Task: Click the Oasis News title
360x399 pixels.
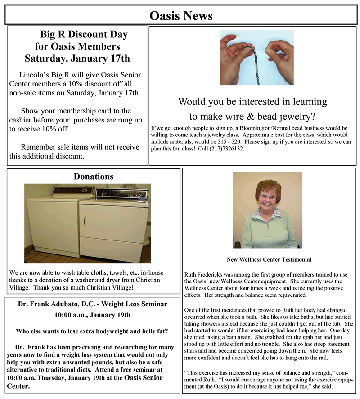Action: click(180, 16)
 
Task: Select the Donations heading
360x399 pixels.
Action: click(93, 177)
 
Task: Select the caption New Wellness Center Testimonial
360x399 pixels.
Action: click(269, 260)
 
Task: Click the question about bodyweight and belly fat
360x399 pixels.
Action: click(92, 331)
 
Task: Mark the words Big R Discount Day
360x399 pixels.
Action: click(84, 34)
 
